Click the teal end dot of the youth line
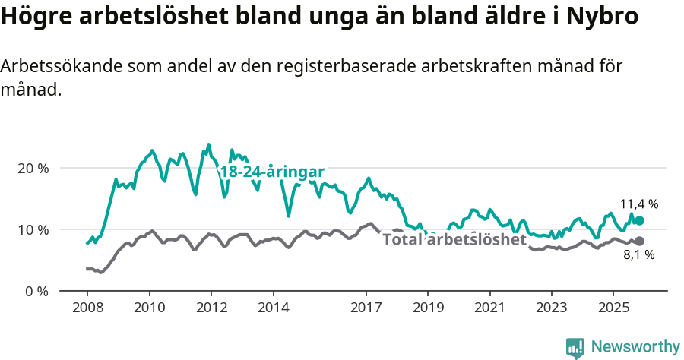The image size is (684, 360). pyautogui.click(x=639, y=220)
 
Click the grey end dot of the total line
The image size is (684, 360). pyautogui.click(x=639, y=241)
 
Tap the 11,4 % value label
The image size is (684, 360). pyautogui.click(x=639, y=204)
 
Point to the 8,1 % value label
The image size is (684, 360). pyautogui.click(x=639, y=255)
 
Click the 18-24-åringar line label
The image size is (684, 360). pyautogui.click(x=272, y=172)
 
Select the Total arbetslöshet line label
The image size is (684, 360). pyautogui.click(x=454, y=240)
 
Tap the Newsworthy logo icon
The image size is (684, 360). pyautogui.click(x=575, y=348)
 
